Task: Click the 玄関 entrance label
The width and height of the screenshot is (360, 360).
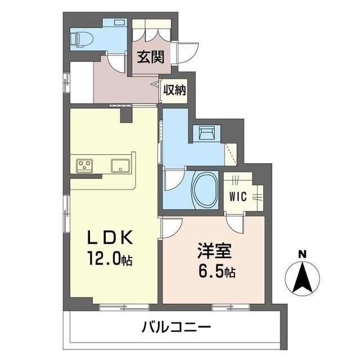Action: [x=151, y=57]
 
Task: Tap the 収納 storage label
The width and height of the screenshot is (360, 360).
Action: [x=174, y=90]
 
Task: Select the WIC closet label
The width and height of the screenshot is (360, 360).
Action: [x=238, y=197]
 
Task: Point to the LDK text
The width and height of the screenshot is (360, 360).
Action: [x=110, y=237]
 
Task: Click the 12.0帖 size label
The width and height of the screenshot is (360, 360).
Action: [x=109, y=259]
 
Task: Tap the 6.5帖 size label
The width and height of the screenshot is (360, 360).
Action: [x=217, y=272]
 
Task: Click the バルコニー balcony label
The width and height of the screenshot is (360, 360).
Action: [x=176, y=327]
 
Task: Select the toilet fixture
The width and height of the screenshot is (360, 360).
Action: [x=82, y=39]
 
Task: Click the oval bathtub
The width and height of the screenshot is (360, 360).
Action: [x=205, y=190]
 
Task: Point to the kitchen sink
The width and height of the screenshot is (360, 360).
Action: [x=120, y=165]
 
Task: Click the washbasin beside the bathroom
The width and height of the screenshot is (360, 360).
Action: [x=207, y=133]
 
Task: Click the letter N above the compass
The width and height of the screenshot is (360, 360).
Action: [x=303, y=254]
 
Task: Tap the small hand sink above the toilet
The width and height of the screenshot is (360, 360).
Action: [x=119, y=22]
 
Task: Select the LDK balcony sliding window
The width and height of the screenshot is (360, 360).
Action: [x=124, y=308]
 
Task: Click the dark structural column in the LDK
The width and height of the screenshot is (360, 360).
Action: [x=126, y=115]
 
